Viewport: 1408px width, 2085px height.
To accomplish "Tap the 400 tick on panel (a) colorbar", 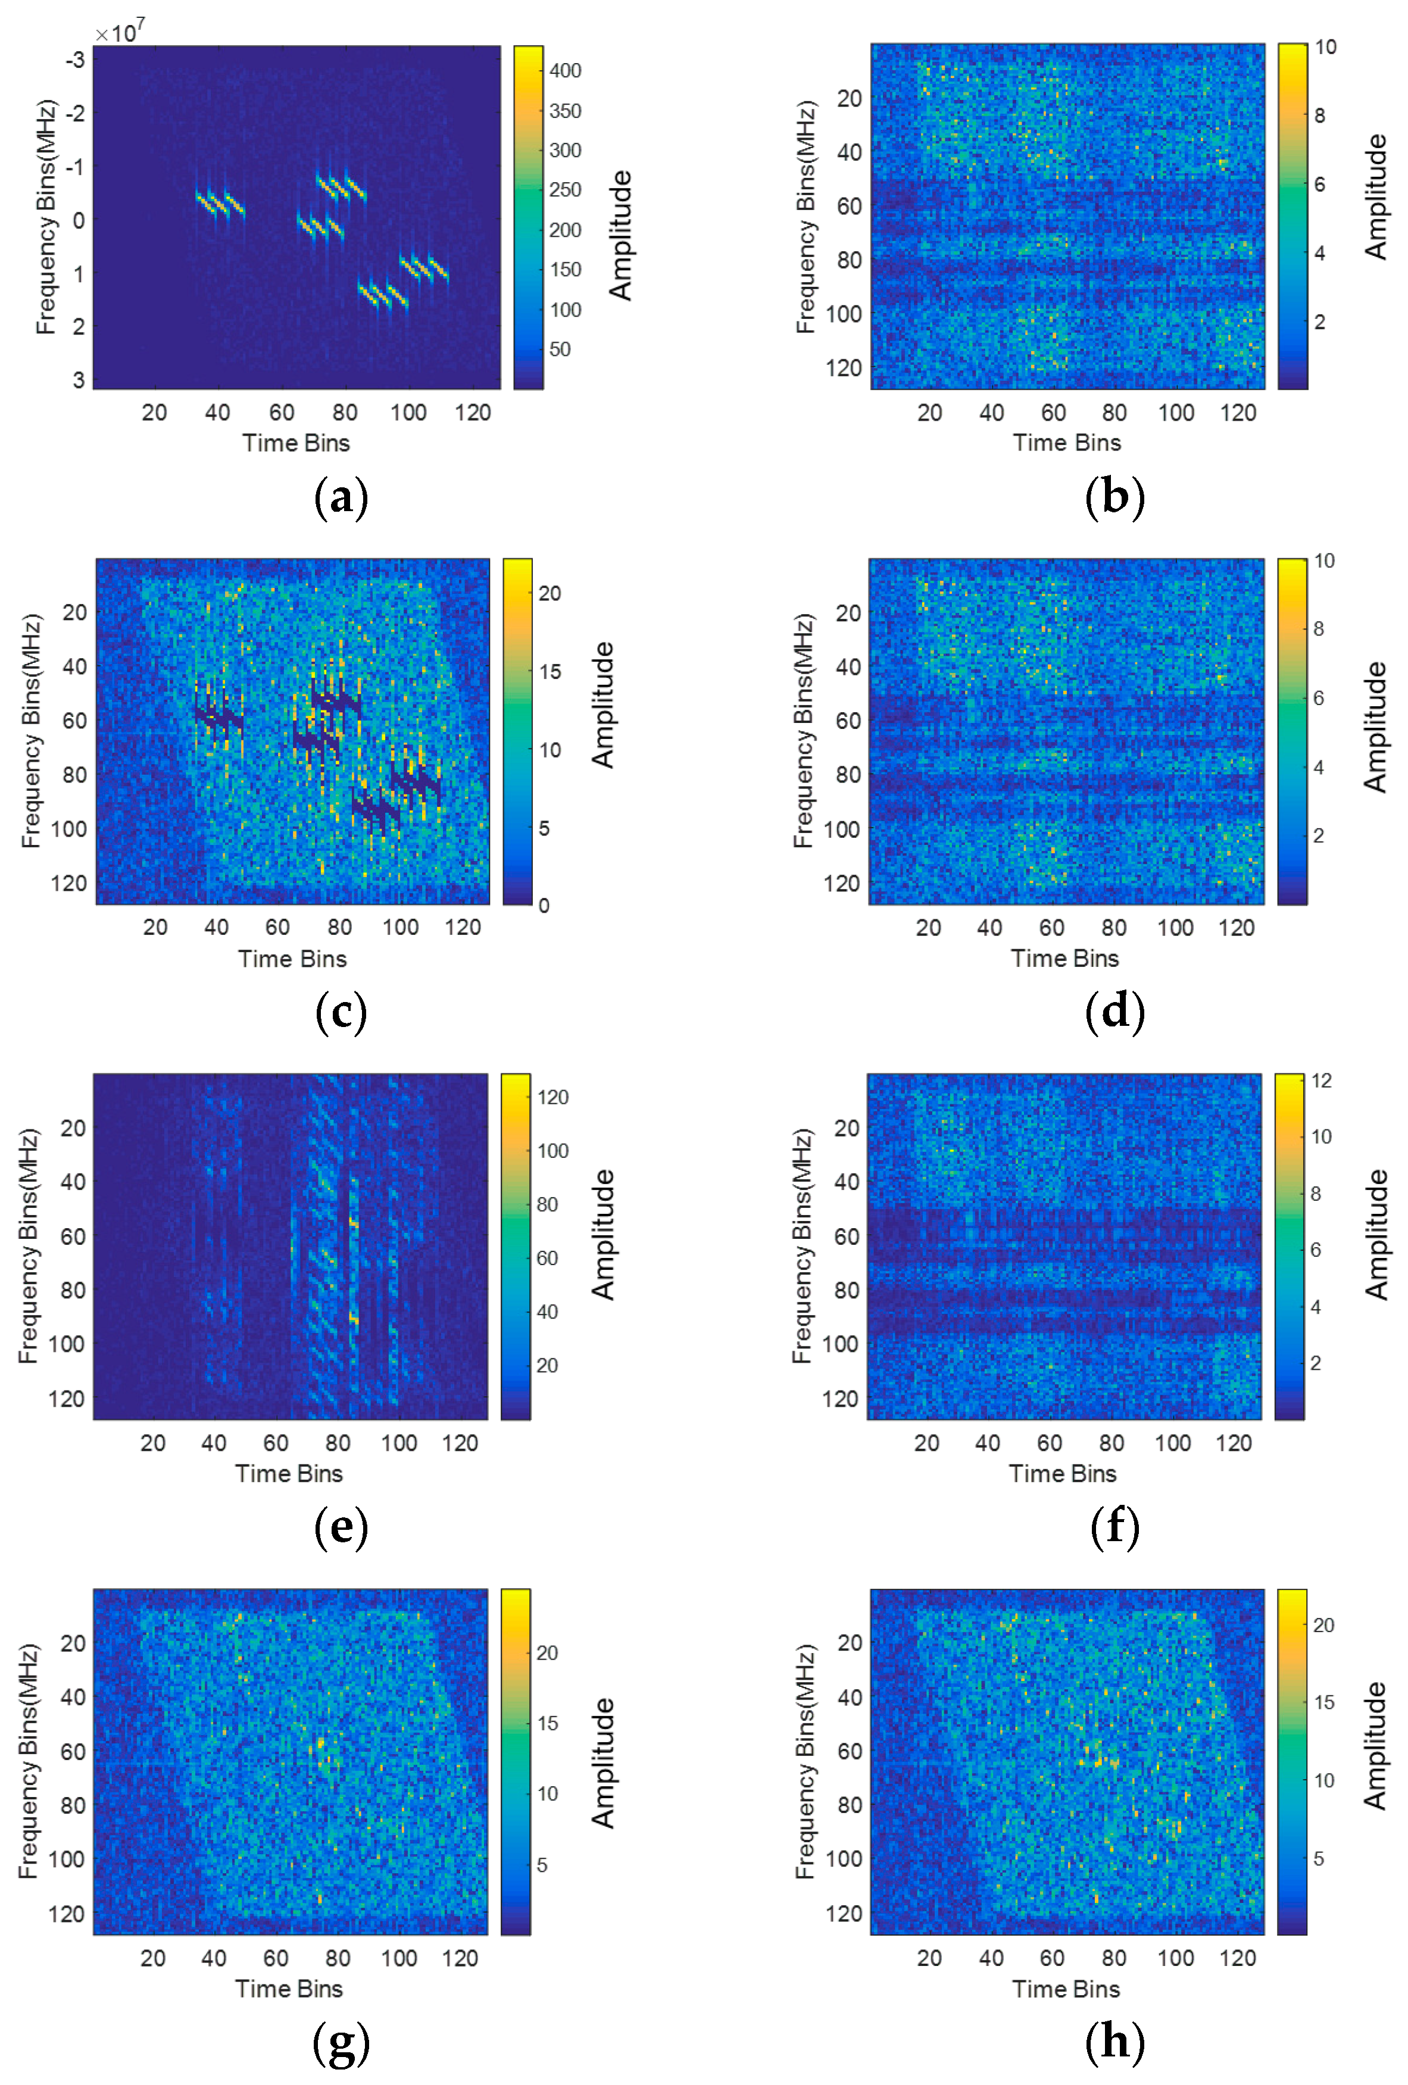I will [x=566, y=70].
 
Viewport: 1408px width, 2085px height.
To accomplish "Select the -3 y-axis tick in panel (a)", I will [x=76, y=60].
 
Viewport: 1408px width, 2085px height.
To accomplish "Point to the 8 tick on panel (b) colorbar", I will [x=1319, y=115].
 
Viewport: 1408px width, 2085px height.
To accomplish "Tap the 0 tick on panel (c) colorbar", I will [x=544, y=905].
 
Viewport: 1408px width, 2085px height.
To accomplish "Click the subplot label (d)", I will [x=1114, y=1012].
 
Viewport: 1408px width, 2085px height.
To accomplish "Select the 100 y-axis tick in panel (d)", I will [x=842, y=829].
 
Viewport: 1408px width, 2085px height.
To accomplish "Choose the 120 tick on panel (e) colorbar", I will [x=553, y=1097].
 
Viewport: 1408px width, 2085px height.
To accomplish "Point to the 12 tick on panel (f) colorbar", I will [x=1321, y=1080].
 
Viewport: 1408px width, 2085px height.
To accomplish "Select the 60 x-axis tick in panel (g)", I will [x=276, y=1958].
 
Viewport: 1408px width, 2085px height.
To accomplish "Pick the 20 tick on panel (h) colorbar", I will [x=1323, y=1625].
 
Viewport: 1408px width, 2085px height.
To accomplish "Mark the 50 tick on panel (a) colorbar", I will [x=560, y=349].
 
